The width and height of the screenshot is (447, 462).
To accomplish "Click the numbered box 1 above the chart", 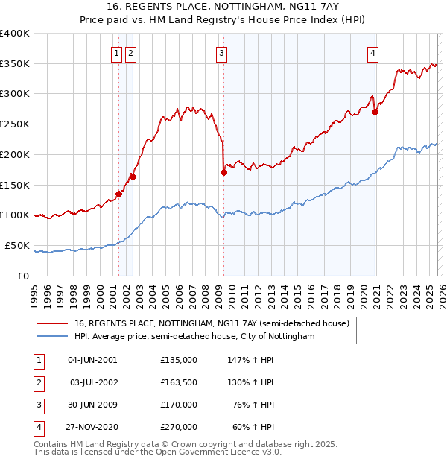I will (x=118, y=53).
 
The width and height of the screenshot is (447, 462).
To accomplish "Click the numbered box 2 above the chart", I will (x=130, y=53).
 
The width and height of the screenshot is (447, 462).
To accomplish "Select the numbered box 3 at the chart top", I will (x=222, y=53).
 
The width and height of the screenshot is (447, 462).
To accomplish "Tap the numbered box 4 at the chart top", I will (x=372, y=53).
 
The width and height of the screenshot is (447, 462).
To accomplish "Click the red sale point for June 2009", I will (x=223, y=172).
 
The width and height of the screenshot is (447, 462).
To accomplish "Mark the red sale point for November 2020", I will (x=375, y=112).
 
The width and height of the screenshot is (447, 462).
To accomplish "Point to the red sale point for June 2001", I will (x=118, y=194).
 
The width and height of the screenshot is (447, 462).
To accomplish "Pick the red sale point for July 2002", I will (x=133, y=177).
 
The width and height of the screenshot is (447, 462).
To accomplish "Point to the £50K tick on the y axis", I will (x=17, y=245).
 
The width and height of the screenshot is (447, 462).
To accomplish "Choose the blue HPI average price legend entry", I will (x=194, y=337).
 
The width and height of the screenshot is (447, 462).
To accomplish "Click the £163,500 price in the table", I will (x=179, y=382).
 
